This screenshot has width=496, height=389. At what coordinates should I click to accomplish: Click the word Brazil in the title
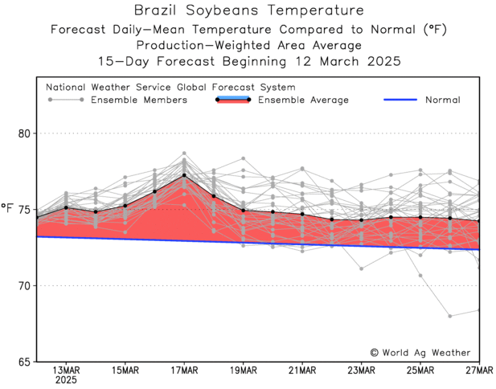click(x=155, y=10)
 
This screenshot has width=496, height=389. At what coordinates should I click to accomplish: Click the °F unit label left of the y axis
click(x=8, y=209)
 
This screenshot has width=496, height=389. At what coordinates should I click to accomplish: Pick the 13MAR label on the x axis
click(x=66, y=371)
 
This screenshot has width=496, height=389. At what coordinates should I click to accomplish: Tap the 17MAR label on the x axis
click(x=184, y=371)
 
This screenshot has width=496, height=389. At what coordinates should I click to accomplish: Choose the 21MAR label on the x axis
click(x=302, y=371)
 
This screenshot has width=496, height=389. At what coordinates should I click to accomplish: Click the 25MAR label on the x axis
click(x=420, y=371)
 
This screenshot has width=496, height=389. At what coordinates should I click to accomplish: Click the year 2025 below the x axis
click(x=66, y=382)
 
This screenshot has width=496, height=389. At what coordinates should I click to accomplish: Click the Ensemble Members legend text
click(x=139, y=100)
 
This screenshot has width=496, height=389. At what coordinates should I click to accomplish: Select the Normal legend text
click(x=443, y=100)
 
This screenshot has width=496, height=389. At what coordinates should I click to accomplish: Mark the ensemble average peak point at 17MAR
click(x=184, y=175)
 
